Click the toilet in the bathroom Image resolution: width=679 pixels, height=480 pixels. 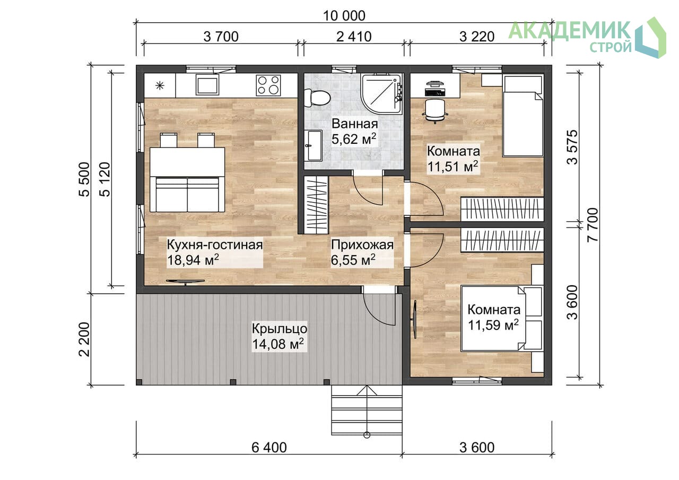pos(317,98)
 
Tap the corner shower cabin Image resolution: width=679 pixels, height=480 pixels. pos(382,94)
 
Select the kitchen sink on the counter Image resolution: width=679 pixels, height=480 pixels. pos(207,85)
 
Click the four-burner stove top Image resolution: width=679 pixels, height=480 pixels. pos(268,85)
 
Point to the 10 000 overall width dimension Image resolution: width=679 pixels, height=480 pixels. pos(344,16)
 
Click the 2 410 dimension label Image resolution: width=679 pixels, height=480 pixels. pos(354,37)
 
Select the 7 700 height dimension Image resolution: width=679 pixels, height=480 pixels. pos(593,224)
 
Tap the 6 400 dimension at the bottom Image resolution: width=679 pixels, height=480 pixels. pos(269,447)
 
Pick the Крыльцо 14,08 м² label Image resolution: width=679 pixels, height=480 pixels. pos(279,336)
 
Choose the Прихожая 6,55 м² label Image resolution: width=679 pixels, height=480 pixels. pos(362,252)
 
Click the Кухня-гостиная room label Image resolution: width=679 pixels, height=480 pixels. pos(215,245)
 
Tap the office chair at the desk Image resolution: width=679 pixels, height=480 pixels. pos(435,111)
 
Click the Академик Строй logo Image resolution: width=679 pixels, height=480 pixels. pos(587,38)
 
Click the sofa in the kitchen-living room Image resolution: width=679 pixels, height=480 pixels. pos(187,194)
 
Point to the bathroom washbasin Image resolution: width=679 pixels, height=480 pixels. pos(313,145)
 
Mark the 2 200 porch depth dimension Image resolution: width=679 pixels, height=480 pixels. pos(84,339)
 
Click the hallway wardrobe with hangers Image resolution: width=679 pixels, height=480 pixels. pos(316,205)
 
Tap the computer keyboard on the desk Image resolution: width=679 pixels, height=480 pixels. pos(436,92)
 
